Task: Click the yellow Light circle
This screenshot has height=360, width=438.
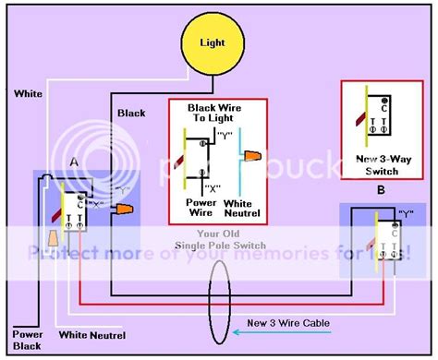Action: coord(214,43)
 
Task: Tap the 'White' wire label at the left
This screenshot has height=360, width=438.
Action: coord(26,94)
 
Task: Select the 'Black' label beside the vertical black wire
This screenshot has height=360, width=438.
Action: coord(132,113)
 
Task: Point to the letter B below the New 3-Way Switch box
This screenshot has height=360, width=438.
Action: coord(380,192)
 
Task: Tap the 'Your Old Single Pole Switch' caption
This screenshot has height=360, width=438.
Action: coord(219,238)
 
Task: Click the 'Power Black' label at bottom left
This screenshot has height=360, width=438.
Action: coord(28,339)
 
